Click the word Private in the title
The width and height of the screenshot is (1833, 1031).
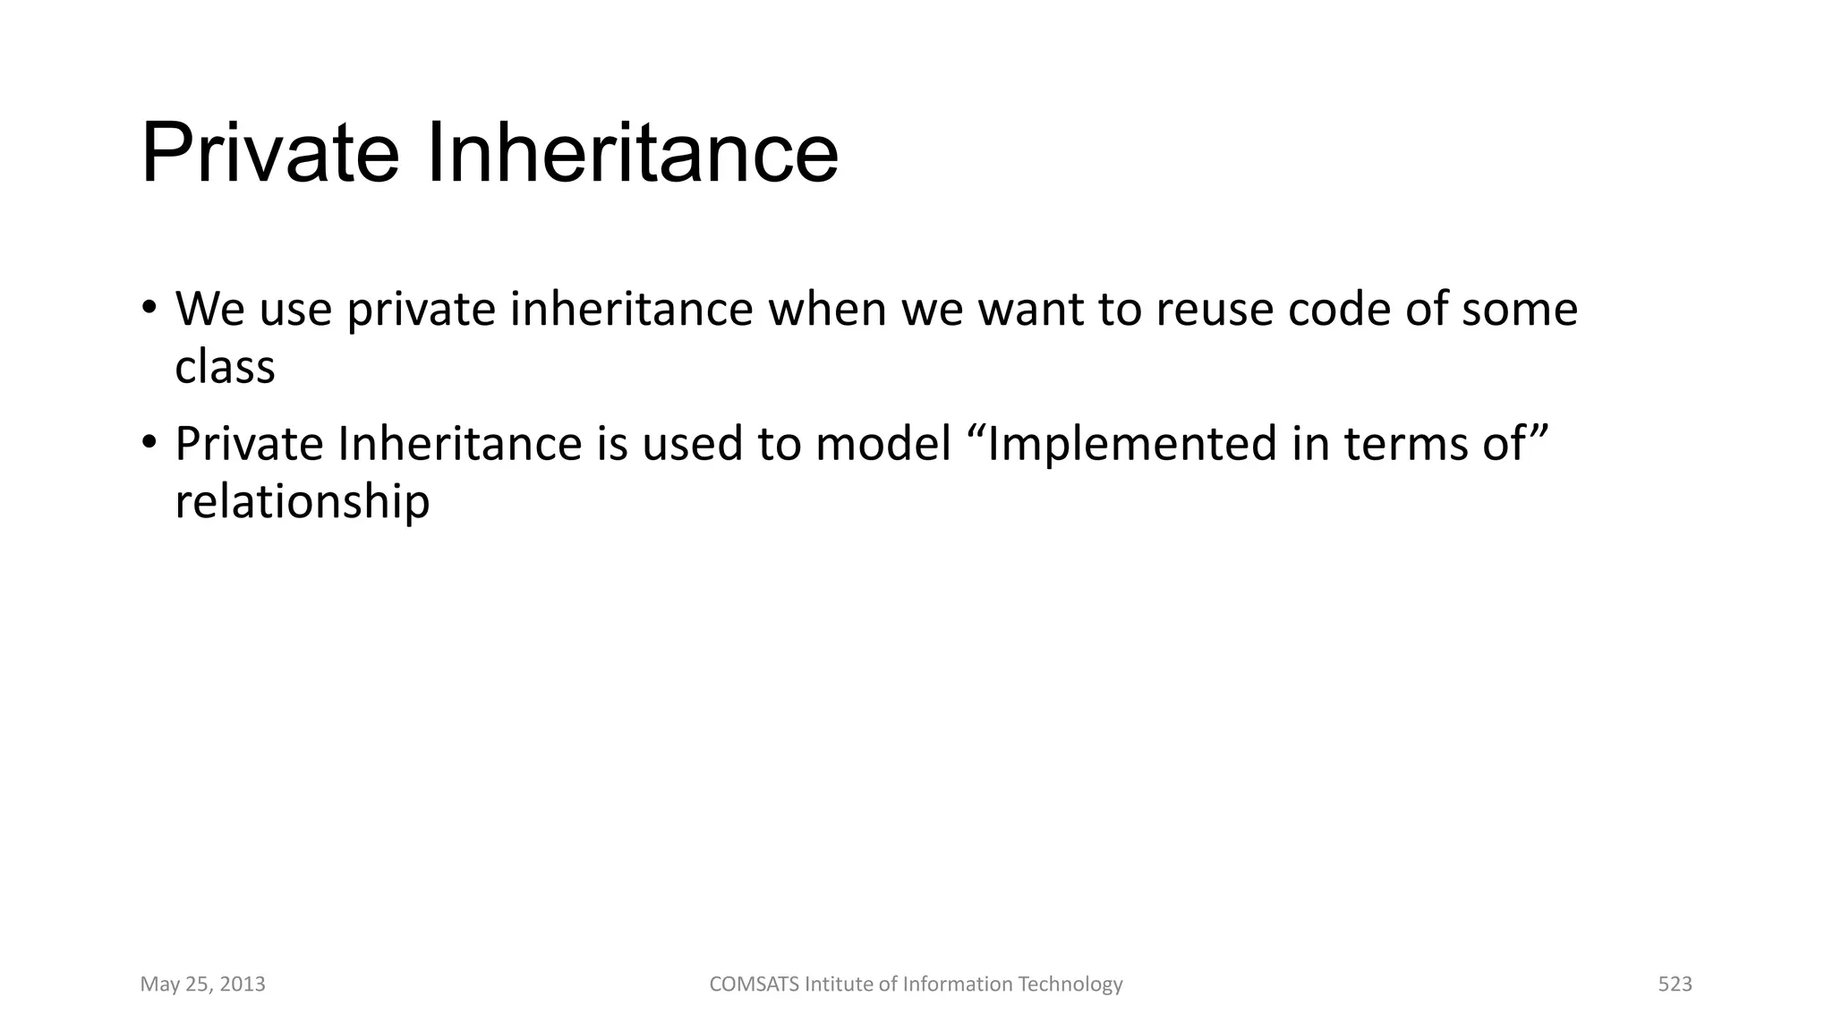269,154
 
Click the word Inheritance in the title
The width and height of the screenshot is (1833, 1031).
632,154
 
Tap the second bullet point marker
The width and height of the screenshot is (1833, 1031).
149,443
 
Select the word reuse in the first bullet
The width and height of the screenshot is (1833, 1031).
1214,311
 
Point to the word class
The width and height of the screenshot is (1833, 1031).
225,367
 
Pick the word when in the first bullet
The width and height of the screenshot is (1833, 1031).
827,309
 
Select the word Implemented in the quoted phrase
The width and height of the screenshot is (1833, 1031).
1131,445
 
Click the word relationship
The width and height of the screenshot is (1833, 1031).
303,502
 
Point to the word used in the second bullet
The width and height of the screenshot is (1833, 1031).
692,445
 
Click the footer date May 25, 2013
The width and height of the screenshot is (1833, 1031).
203,984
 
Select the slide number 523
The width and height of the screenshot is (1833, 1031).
1675,984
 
